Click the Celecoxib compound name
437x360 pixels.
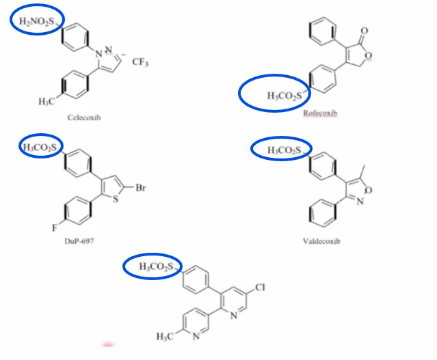coord(84,117)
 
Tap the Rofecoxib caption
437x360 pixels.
coord(320,113)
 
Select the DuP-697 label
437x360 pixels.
coord(79,241)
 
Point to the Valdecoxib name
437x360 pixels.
coord(321,241)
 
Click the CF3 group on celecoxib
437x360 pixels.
coord(140,61)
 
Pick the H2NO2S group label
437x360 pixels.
coord(36,21)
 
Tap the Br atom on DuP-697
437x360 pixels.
coord(141,188)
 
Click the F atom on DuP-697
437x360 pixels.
coord(55,228)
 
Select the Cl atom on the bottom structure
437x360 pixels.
coord(260,287)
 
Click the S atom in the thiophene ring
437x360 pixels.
coord(116,199)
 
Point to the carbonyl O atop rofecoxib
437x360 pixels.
coord(365,31)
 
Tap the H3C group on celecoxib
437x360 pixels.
coord(47,102)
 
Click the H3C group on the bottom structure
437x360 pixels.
coord(165,336)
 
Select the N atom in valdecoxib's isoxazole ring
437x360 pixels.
coord(360,202)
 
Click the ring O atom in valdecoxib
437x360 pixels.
coord(368,190)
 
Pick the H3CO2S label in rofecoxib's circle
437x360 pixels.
coord(284,96)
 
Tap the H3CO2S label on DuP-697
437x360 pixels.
coord(40,148)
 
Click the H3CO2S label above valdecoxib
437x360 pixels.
coord(284,150)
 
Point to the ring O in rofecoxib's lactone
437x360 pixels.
coord(368,56)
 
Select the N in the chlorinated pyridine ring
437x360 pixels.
coord(234,316)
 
